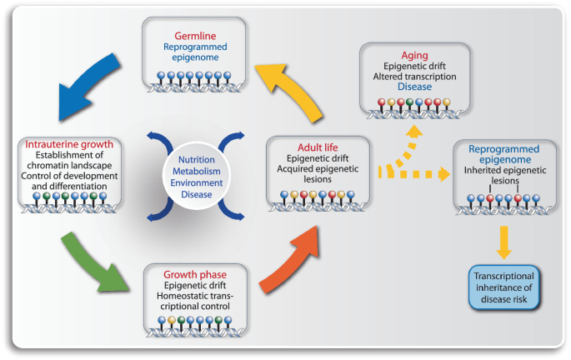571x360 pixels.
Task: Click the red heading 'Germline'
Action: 196,36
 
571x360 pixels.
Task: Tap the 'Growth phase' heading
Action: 196,272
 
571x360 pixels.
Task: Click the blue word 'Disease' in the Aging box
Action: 414,87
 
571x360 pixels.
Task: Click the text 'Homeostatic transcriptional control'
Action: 196,302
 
